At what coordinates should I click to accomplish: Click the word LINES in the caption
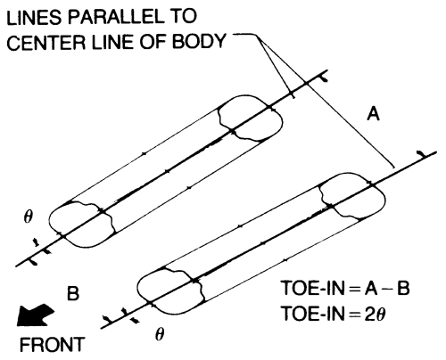pyautogui.click(x=34, y=18)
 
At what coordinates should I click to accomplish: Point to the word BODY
pyautogui.click(x=199, y=41)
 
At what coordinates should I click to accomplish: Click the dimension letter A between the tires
pyautogui.click(x=374, y=114)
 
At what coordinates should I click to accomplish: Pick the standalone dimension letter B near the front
pyautogui.click(x=73, y=293)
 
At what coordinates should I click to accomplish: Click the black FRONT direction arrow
pyautogui.click(x=35, y=315)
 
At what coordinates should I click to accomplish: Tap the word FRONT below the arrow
pyautogui.click(x=53, y=345)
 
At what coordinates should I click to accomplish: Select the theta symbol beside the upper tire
pyautogui.click(x=28, y=218)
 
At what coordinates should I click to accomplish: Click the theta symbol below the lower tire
pyautogui.click(x=160, y=335)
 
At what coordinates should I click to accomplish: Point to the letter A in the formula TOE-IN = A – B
pyautogui.click(x=371, y=288)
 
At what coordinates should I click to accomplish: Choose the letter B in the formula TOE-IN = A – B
pyautogui.click(x=403, y=288)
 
